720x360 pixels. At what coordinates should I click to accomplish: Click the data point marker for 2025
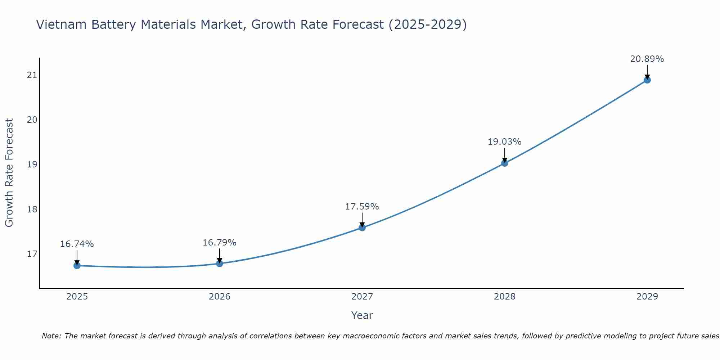click(x=77, y=266)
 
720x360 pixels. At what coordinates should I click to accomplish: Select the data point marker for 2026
click(x=220, y=264)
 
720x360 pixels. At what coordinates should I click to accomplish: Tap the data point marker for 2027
click(x=362, y=228)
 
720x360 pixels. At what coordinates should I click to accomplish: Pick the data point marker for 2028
click(x=505, y=163)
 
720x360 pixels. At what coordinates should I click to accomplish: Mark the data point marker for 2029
click(x=647, y=80)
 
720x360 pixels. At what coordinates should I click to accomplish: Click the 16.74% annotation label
click(x=77, y=244)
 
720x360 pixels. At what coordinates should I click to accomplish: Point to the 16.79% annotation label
click(x=219, y=243)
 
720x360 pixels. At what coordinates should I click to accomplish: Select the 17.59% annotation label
click(x=362, y=207)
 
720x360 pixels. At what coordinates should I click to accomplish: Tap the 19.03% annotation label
click(x=504, y=142)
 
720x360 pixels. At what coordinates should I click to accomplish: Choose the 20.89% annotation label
click(x=647, y=59)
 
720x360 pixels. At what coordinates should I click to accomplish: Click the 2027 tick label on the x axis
click(x=362, y=297)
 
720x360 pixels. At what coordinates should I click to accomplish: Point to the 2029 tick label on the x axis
click(x=647, y=297)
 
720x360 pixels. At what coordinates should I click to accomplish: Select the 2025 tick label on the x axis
click(x=77, y=297)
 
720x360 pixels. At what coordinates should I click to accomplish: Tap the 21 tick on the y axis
click(x=32, y=75)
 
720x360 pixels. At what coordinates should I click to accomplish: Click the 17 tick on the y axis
click(x=32, y=254)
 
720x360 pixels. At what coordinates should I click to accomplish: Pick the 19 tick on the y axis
click(x=32, y=165)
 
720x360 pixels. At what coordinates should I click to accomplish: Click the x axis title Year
click(x=362, y=315)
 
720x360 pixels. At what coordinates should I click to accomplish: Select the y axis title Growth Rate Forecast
click(x=9, y=173)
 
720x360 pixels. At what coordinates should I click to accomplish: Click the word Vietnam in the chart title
click(x=61, y=24)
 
